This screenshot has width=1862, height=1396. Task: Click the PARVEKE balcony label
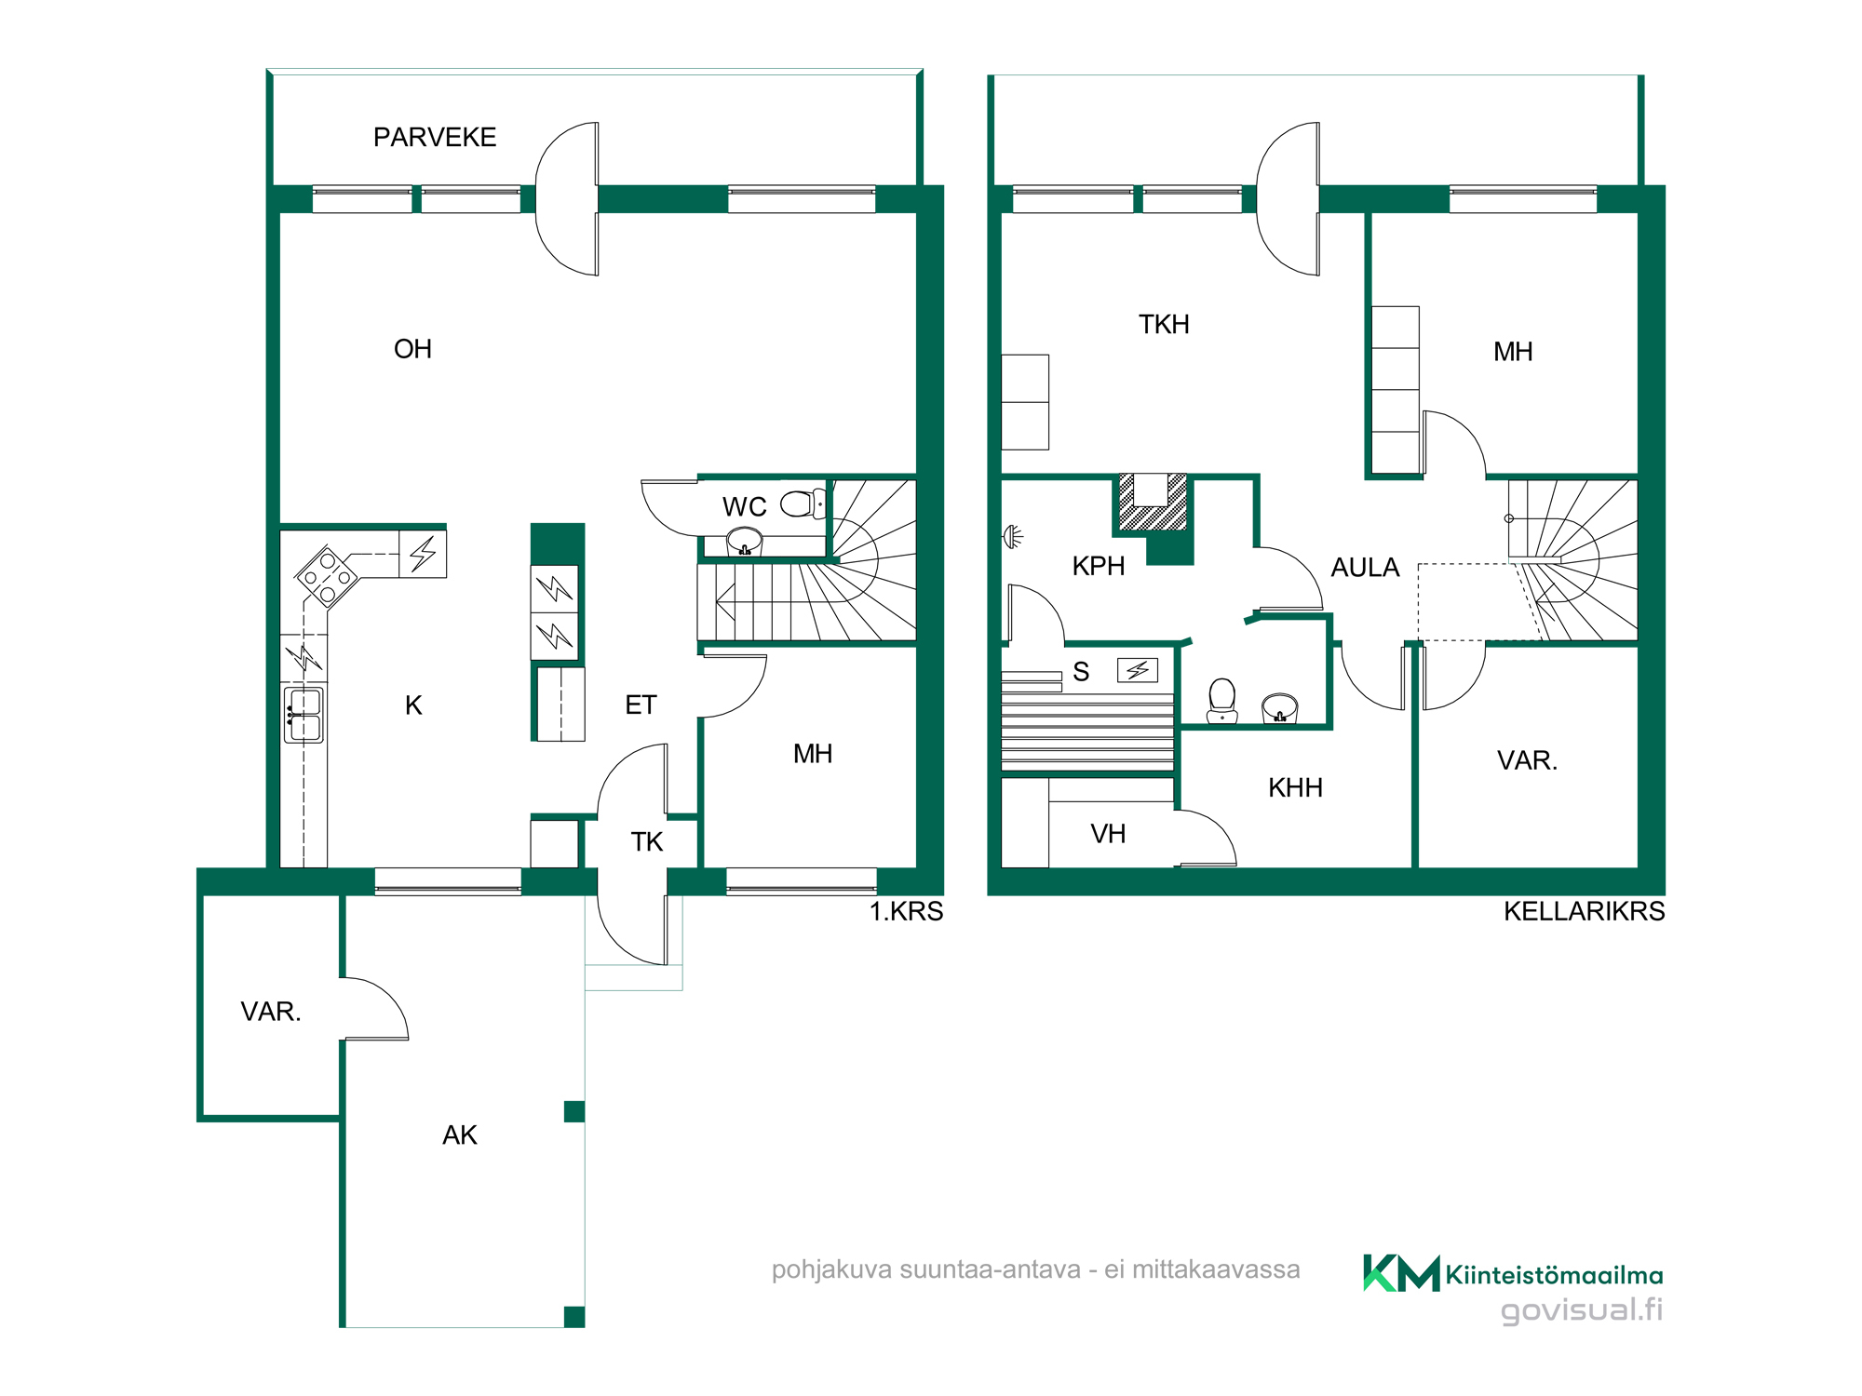point(435,138)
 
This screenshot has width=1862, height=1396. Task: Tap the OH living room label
point(412,349)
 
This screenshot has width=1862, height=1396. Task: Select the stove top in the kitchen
point(327,577)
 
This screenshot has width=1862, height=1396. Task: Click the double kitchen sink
point(304,715)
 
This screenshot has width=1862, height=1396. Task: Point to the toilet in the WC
point(803,503)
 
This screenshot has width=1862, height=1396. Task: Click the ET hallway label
point(641,705)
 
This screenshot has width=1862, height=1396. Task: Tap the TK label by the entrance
point(646,842)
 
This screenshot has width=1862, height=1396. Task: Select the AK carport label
point(460,1135)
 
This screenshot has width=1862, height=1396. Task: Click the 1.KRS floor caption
point(906,912)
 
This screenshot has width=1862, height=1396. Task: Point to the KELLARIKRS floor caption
point(1584,912)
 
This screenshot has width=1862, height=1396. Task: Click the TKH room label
point(1164,325)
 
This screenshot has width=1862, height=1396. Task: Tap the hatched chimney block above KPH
point(1153,503)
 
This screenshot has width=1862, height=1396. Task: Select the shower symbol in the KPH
point(1012,536)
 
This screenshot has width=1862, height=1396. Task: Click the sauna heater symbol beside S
point(1138,670)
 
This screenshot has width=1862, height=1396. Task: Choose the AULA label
point(1365,568)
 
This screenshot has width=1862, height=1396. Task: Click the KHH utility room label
point(1295,788)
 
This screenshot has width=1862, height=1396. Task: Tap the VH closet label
point(1108,834)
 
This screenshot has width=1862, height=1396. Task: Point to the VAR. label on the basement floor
point(1527,761)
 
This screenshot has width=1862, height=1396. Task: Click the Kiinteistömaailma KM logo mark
point(1401,1273)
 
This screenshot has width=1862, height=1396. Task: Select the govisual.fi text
point(1582,1310)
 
